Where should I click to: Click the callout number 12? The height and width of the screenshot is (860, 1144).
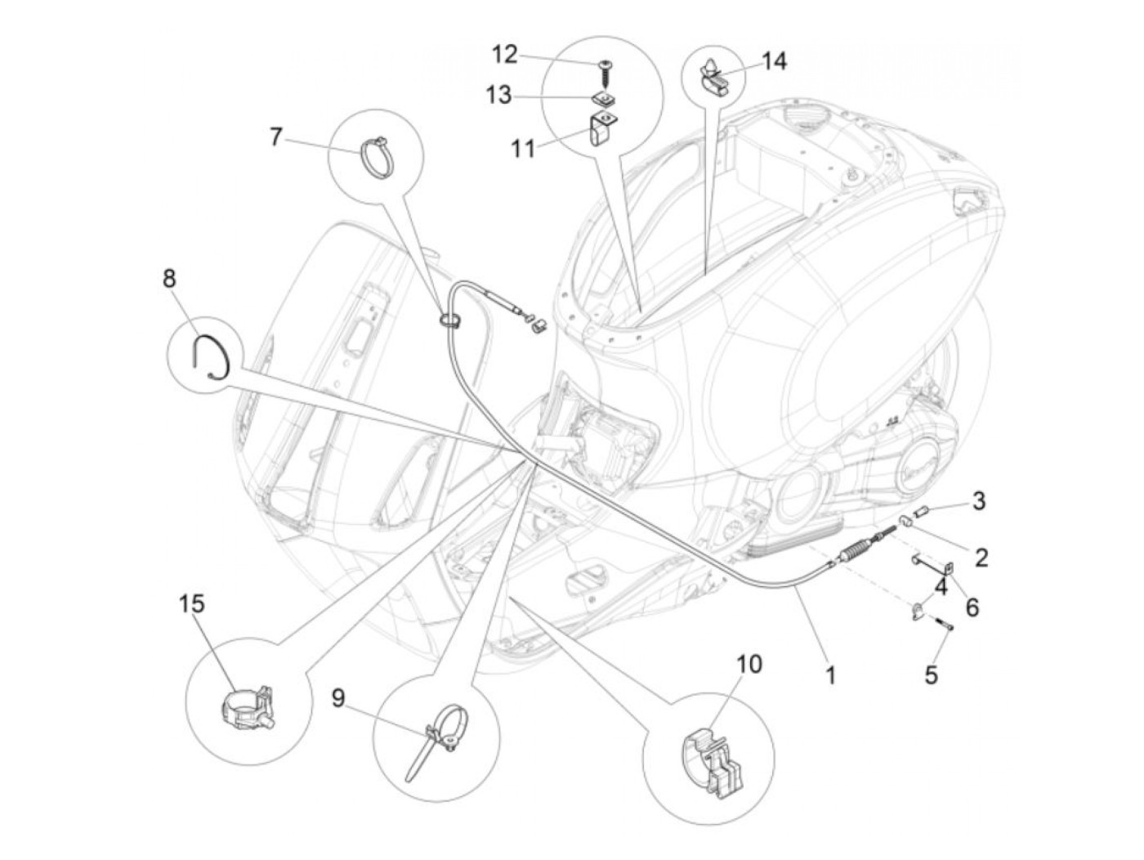(x=504, y=55)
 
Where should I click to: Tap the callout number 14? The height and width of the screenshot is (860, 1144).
(x=775, y=60)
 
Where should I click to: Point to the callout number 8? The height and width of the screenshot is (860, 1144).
(x=169, y=279)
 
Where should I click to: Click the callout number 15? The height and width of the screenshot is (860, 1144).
(x=192, y=604)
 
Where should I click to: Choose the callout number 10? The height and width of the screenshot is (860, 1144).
(x=749, y=663)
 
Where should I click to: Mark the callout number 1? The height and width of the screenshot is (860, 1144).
(x=830, y=675)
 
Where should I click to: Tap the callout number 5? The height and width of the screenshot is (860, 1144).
(x=931, y=675)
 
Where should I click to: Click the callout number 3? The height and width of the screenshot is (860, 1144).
(x=978, y=500)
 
